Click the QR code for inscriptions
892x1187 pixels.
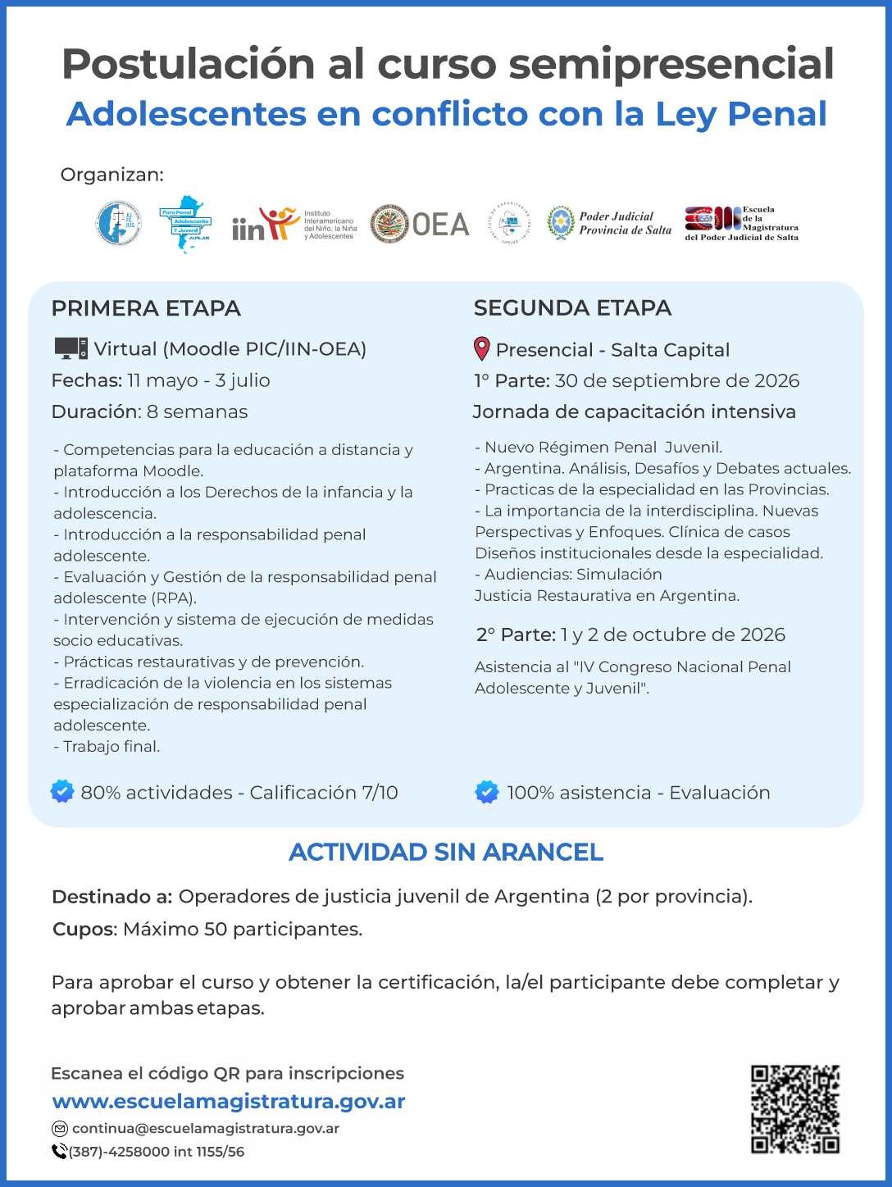click(794, 1108)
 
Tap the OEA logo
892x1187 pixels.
click(419, 224)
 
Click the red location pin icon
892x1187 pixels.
click(482, 349)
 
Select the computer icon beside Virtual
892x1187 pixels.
click(71, 348)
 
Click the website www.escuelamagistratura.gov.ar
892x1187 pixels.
click(229, 1101)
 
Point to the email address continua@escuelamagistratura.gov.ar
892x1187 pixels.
click(205, 1128)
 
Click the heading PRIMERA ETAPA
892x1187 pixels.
click(146, 308)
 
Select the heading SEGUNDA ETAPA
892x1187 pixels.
click(572, 308)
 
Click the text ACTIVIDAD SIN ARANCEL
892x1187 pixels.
click(446, 853)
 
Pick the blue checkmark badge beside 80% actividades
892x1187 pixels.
click(62, 792)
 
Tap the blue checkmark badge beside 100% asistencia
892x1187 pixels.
click(486, 792)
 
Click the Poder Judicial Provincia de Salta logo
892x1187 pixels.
click(609, 223)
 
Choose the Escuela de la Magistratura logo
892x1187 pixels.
click(741, 223)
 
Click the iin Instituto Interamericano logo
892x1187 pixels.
click(294, 224)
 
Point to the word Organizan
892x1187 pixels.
click(111, 175)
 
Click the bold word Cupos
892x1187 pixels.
click(84, 930)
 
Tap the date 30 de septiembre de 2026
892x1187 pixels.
click(676, 380)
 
